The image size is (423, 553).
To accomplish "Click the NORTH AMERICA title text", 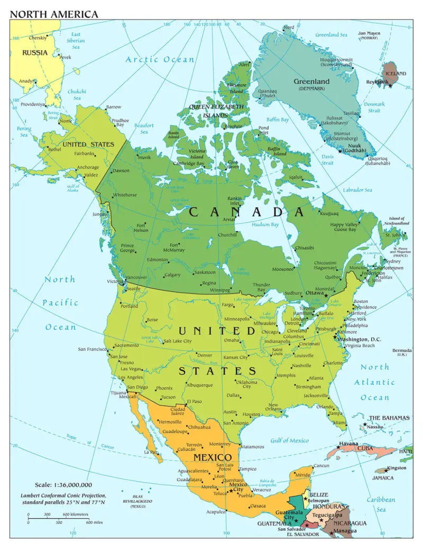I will coord(54,14).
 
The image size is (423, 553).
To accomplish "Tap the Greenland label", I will coord(311,81).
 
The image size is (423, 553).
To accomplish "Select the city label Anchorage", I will coord(87,167).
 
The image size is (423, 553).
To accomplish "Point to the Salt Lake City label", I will coord(177,341).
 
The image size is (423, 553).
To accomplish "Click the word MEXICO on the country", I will coord(212,457).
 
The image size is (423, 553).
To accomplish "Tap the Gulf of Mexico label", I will coord(289,440).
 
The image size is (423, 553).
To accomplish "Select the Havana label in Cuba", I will coord(348,443).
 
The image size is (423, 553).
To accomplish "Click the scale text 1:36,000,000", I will coord(63,484).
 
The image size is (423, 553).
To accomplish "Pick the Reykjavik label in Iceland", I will coord(378,81).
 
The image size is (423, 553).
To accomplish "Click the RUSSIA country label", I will coord(34,52).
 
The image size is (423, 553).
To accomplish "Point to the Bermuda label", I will coord(401,351).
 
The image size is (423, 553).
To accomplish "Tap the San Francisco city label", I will coord(93,349).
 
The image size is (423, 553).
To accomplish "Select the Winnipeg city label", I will coord(219,290).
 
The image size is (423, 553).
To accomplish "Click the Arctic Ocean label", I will coord(160,59).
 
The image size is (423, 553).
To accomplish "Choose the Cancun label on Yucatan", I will coord(321,466).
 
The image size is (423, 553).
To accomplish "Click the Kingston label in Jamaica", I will coord(397,468).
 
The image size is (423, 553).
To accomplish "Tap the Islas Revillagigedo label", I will coord(138,500).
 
